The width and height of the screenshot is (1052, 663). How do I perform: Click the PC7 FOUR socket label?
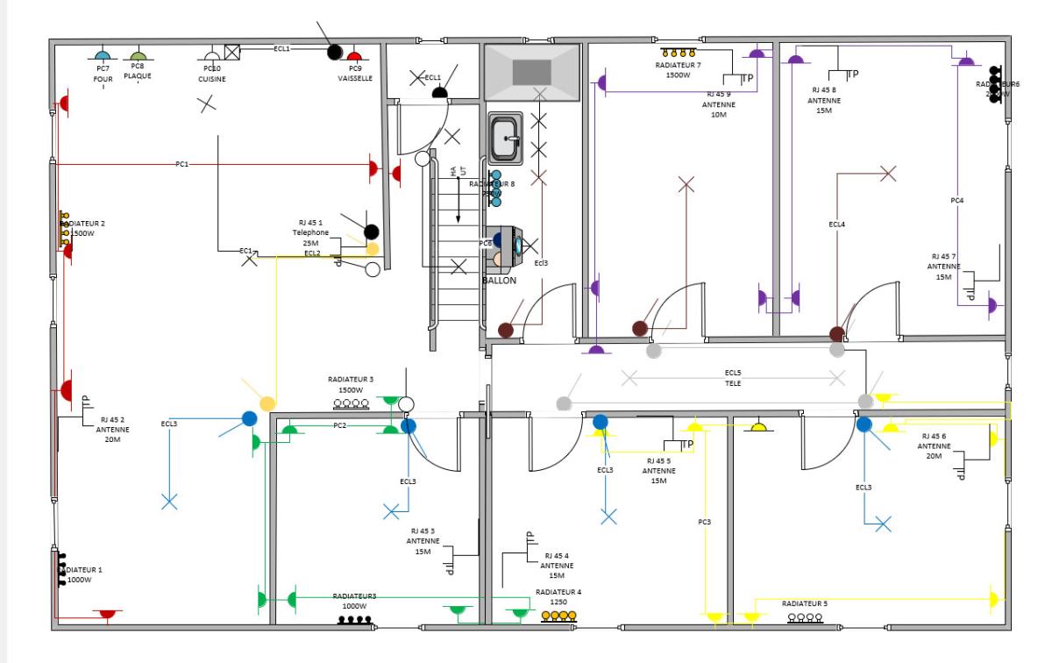[x=103, y=74]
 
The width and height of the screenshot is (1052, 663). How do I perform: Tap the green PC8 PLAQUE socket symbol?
[x=138, y=55]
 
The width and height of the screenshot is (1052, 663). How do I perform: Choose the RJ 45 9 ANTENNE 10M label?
[x=718, y=103]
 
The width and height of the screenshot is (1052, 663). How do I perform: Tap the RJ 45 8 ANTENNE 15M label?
[x=823, y=100]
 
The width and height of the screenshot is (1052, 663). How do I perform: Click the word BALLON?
[x=500, y=281]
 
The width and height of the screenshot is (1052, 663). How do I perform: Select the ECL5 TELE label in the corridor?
[x=733, y=378]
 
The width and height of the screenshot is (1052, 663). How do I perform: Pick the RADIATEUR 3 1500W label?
[x=351, y=384]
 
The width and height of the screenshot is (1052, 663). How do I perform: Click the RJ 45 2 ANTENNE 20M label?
[x=114, y=430]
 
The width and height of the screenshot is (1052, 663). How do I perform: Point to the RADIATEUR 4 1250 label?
[x=558, y=597]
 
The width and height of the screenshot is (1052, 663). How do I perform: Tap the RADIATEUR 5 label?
[x=805, y=604]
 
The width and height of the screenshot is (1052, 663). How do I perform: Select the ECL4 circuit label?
[x=837, y=225]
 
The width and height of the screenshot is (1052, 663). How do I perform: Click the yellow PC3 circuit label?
[x=704, y=523]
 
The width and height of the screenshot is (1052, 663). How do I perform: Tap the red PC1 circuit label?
[x=182, y=164]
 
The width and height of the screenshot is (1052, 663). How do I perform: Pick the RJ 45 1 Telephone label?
[x=311, y=232]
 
